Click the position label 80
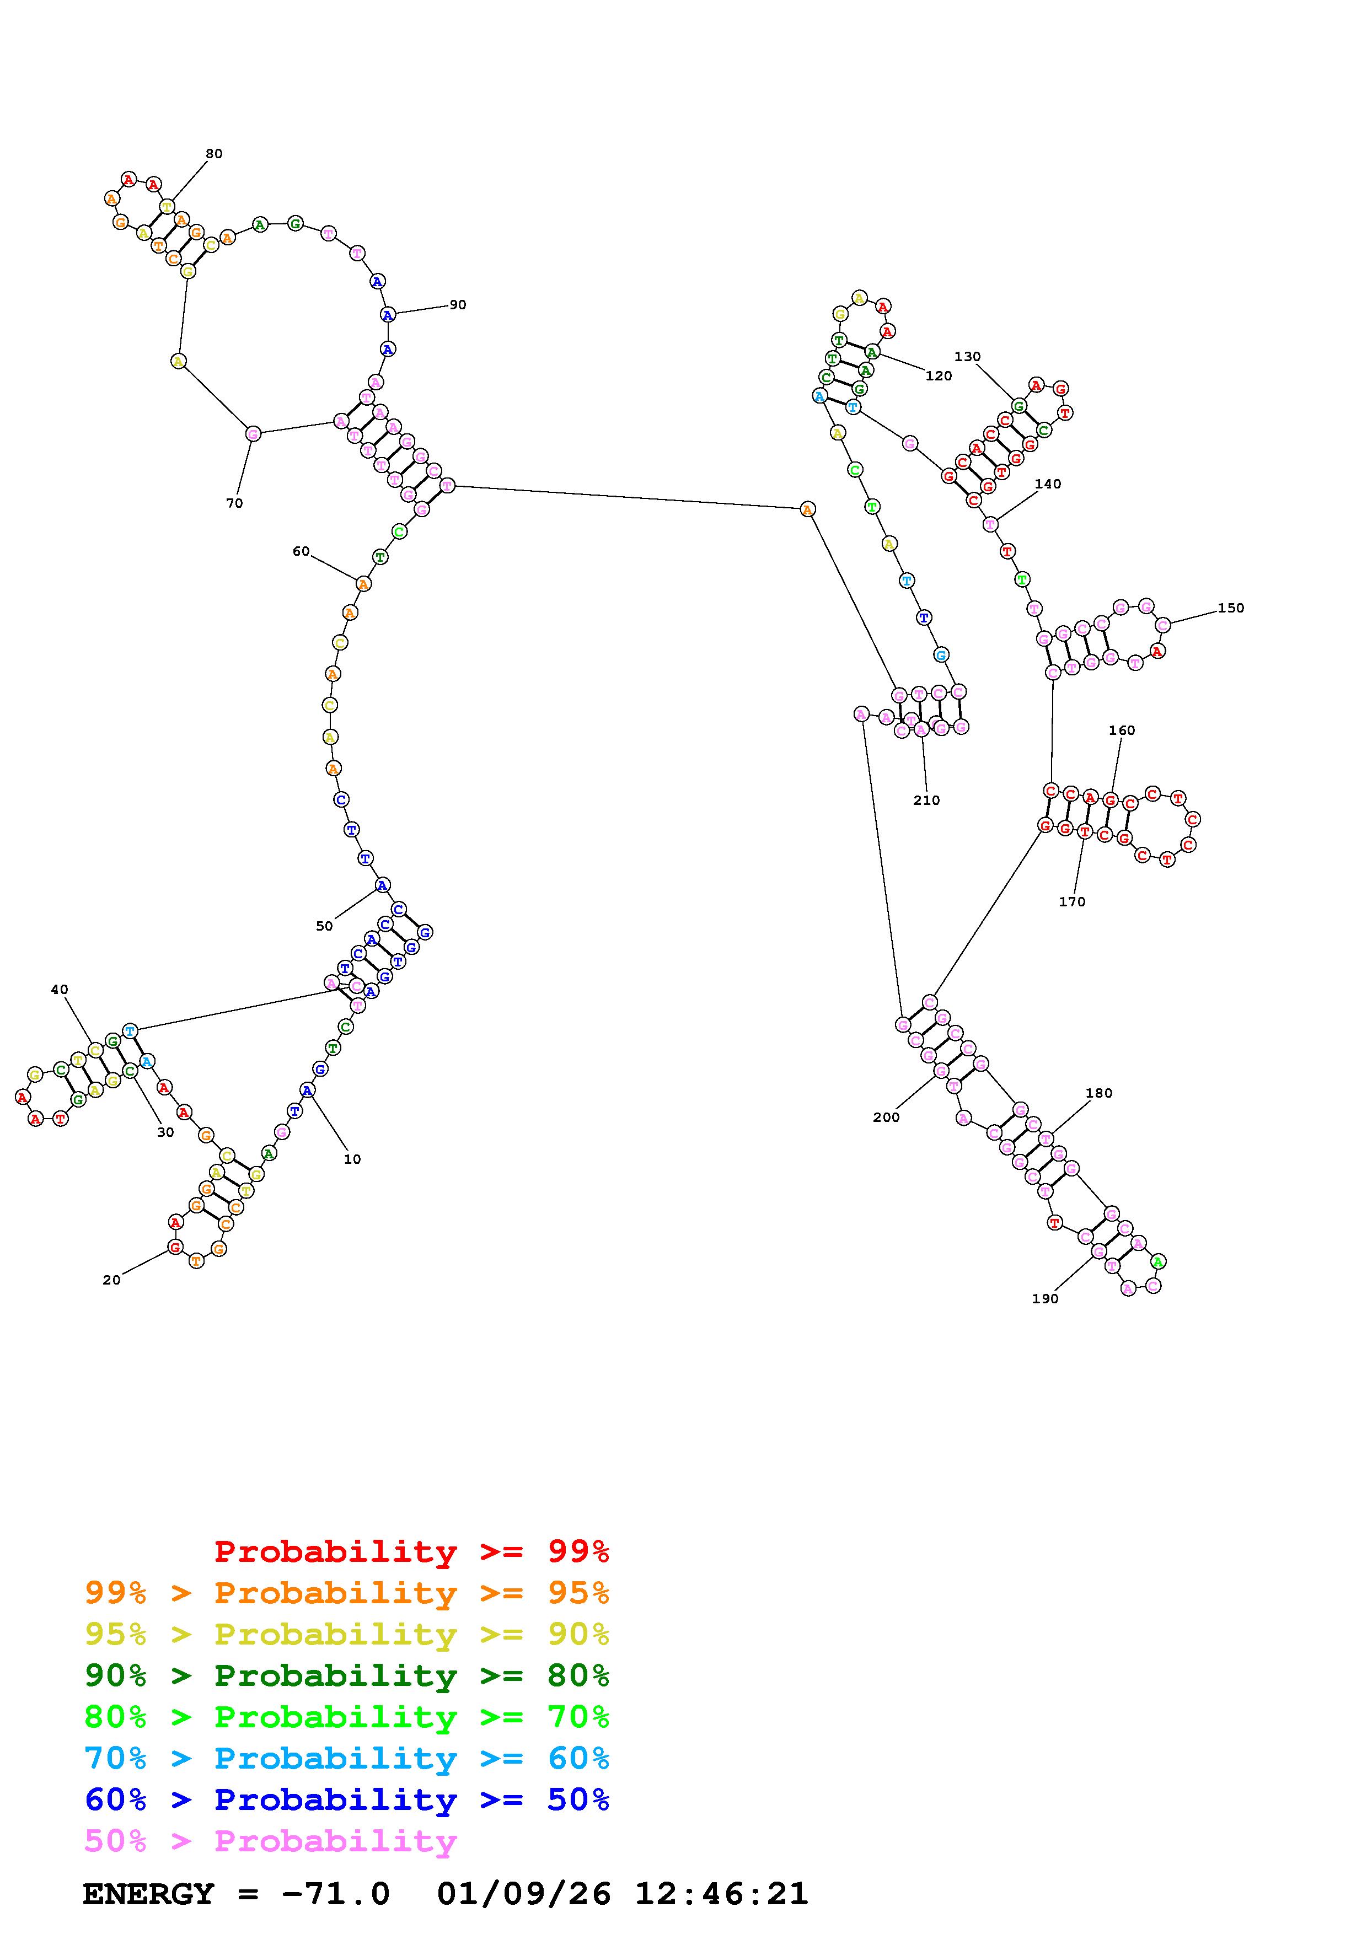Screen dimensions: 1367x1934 point(214,153)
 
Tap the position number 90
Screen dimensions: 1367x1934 point(457,305)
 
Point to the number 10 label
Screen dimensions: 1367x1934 point(352,1159)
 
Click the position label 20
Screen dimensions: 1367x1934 point(111,1280)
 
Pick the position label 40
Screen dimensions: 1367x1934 point(59,990)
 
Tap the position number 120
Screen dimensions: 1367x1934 point(939,375)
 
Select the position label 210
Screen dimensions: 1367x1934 point(926,800)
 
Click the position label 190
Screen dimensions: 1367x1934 point(1044,1298)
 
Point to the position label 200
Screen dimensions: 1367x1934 point(886,1117)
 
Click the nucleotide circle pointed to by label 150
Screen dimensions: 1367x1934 point(1163,625)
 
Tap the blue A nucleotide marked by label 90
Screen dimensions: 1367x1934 point(388,315)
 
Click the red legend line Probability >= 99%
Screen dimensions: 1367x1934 point(412,1551)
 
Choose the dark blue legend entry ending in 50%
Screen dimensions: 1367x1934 point(347,1799)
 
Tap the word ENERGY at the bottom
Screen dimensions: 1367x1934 point(148,1894)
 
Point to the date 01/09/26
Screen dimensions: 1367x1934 point(524,1894)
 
